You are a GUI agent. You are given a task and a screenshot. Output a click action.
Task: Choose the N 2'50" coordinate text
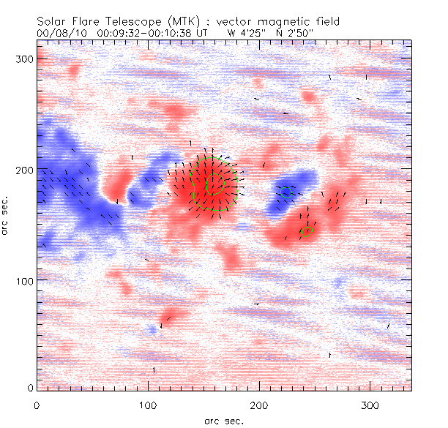pos(291,33)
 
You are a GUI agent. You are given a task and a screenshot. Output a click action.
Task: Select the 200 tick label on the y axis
pos(23,169)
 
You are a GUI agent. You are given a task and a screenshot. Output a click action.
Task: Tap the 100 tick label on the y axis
pos(23,280)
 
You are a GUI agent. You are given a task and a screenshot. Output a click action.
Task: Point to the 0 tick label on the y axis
pos(29,387)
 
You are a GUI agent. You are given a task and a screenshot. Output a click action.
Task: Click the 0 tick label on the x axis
pos(37,404)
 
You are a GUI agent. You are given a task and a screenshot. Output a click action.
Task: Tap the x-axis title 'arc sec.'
pos(224,421)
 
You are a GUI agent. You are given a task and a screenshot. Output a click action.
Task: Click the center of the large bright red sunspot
pos(210,183)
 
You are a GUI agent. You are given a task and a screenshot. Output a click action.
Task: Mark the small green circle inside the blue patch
pos(287,192)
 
